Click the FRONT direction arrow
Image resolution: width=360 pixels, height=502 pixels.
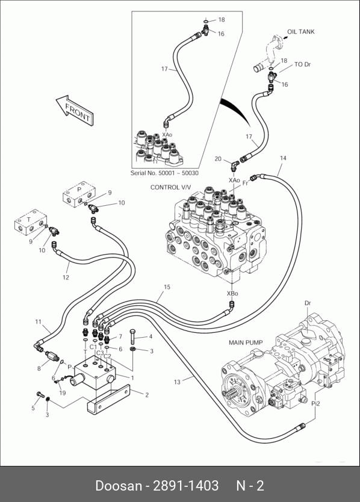75,111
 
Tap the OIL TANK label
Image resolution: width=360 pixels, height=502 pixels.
301,32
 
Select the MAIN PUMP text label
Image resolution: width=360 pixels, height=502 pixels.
246,342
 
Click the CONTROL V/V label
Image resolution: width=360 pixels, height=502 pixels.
170,187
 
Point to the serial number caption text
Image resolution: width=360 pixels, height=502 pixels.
164,173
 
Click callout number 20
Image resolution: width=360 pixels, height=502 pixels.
218,159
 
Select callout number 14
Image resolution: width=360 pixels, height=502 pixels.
283,158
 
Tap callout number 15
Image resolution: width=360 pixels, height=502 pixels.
167,287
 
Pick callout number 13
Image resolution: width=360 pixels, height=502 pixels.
177,382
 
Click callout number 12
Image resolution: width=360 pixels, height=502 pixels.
66,277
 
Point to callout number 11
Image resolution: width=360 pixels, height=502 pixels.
39,322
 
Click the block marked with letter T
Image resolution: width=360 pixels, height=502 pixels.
31,222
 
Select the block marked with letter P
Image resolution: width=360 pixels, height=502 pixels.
79,194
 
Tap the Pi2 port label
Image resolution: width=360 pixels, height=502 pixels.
316,404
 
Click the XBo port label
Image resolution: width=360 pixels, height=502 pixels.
232,293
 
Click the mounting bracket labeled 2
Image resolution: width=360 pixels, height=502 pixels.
108,400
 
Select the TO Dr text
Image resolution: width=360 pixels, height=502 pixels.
302,64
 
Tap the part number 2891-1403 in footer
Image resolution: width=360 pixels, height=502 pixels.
186,485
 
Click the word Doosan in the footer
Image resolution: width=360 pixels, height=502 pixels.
119,485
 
